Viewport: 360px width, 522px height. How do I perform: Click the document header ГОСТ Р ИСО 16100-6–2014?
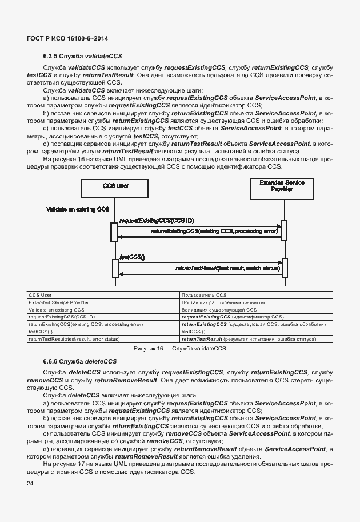(x=67, y=38)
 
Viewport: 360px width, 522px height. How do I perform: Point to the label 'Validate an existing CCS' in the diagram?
(x=77, y=209)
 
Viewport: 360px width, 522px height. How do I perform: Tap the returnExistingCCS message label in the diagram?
(x=214, y=232)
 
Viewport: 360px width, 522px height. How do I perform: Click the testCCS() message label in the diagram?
(x=132, y=257)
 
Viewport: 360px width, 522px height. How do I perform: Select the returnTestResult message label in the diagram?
(x=227, y=268)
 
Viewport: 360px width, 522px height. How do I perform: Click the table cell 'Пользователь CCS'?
(x=204, y=295)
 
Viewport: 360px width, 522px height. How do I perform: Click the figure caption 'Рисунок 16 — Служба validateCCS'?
(x=180, y=348)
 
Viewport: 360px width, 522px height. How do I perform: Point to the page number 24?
(x=30, y=484)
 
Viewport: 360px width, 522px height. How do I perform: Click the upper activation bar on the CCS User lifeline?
(x=114, y=230)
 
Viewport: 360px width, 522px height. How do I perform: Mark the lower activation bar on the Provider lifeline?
(x=285, y=267)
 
